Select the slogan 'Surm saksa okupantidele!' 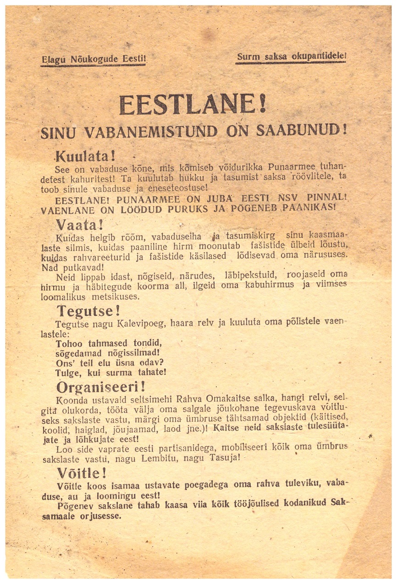point(291,56)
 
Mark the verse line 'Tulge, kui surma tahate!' point(110,372)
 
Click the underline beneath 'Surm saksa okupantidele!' point(291,63)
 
